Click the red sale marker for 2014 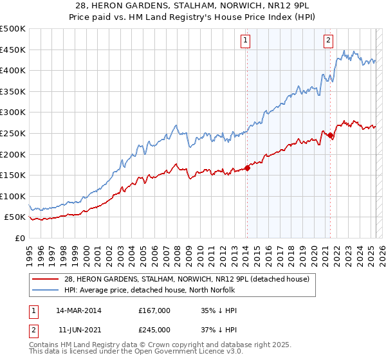(247, 168)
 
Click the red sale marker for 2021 (330, 135)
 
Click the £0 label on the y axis (21, 238)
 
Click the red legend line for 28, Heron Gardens (46, 279)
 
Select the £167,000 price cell (154, 310)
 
